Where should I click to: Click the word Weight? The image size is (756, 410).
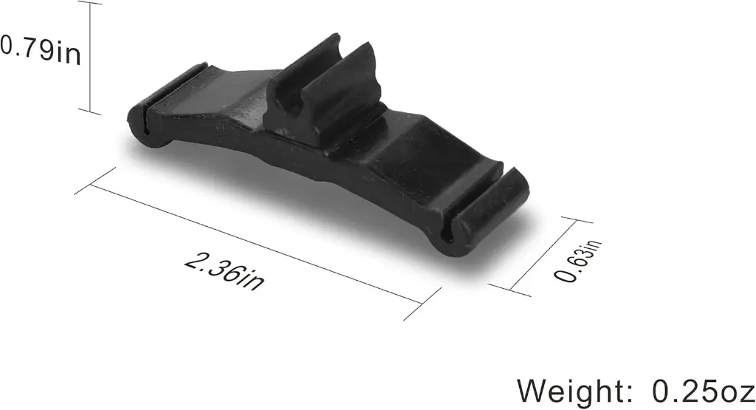tap(569, 391)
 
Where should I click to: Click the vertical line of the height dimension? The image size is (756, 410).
tap(90, 57)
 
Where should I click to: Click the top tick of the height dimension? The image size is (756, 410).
tap(90, 2)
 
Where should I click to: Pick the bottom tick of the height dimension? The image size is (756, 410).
tap(90, 112)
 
